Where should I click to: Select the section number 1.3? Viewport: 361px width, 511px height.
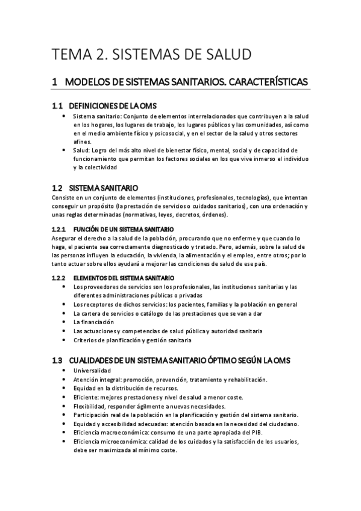click(57, 360)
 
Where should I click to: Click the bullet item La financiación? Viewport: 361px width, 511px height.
click(93, 322)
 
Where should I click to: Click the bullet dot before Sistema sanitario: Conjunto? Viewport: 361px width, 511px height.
click(64, 114)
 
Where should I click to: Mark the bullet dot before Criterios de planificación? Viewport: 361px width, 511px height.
click(64, 340)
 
